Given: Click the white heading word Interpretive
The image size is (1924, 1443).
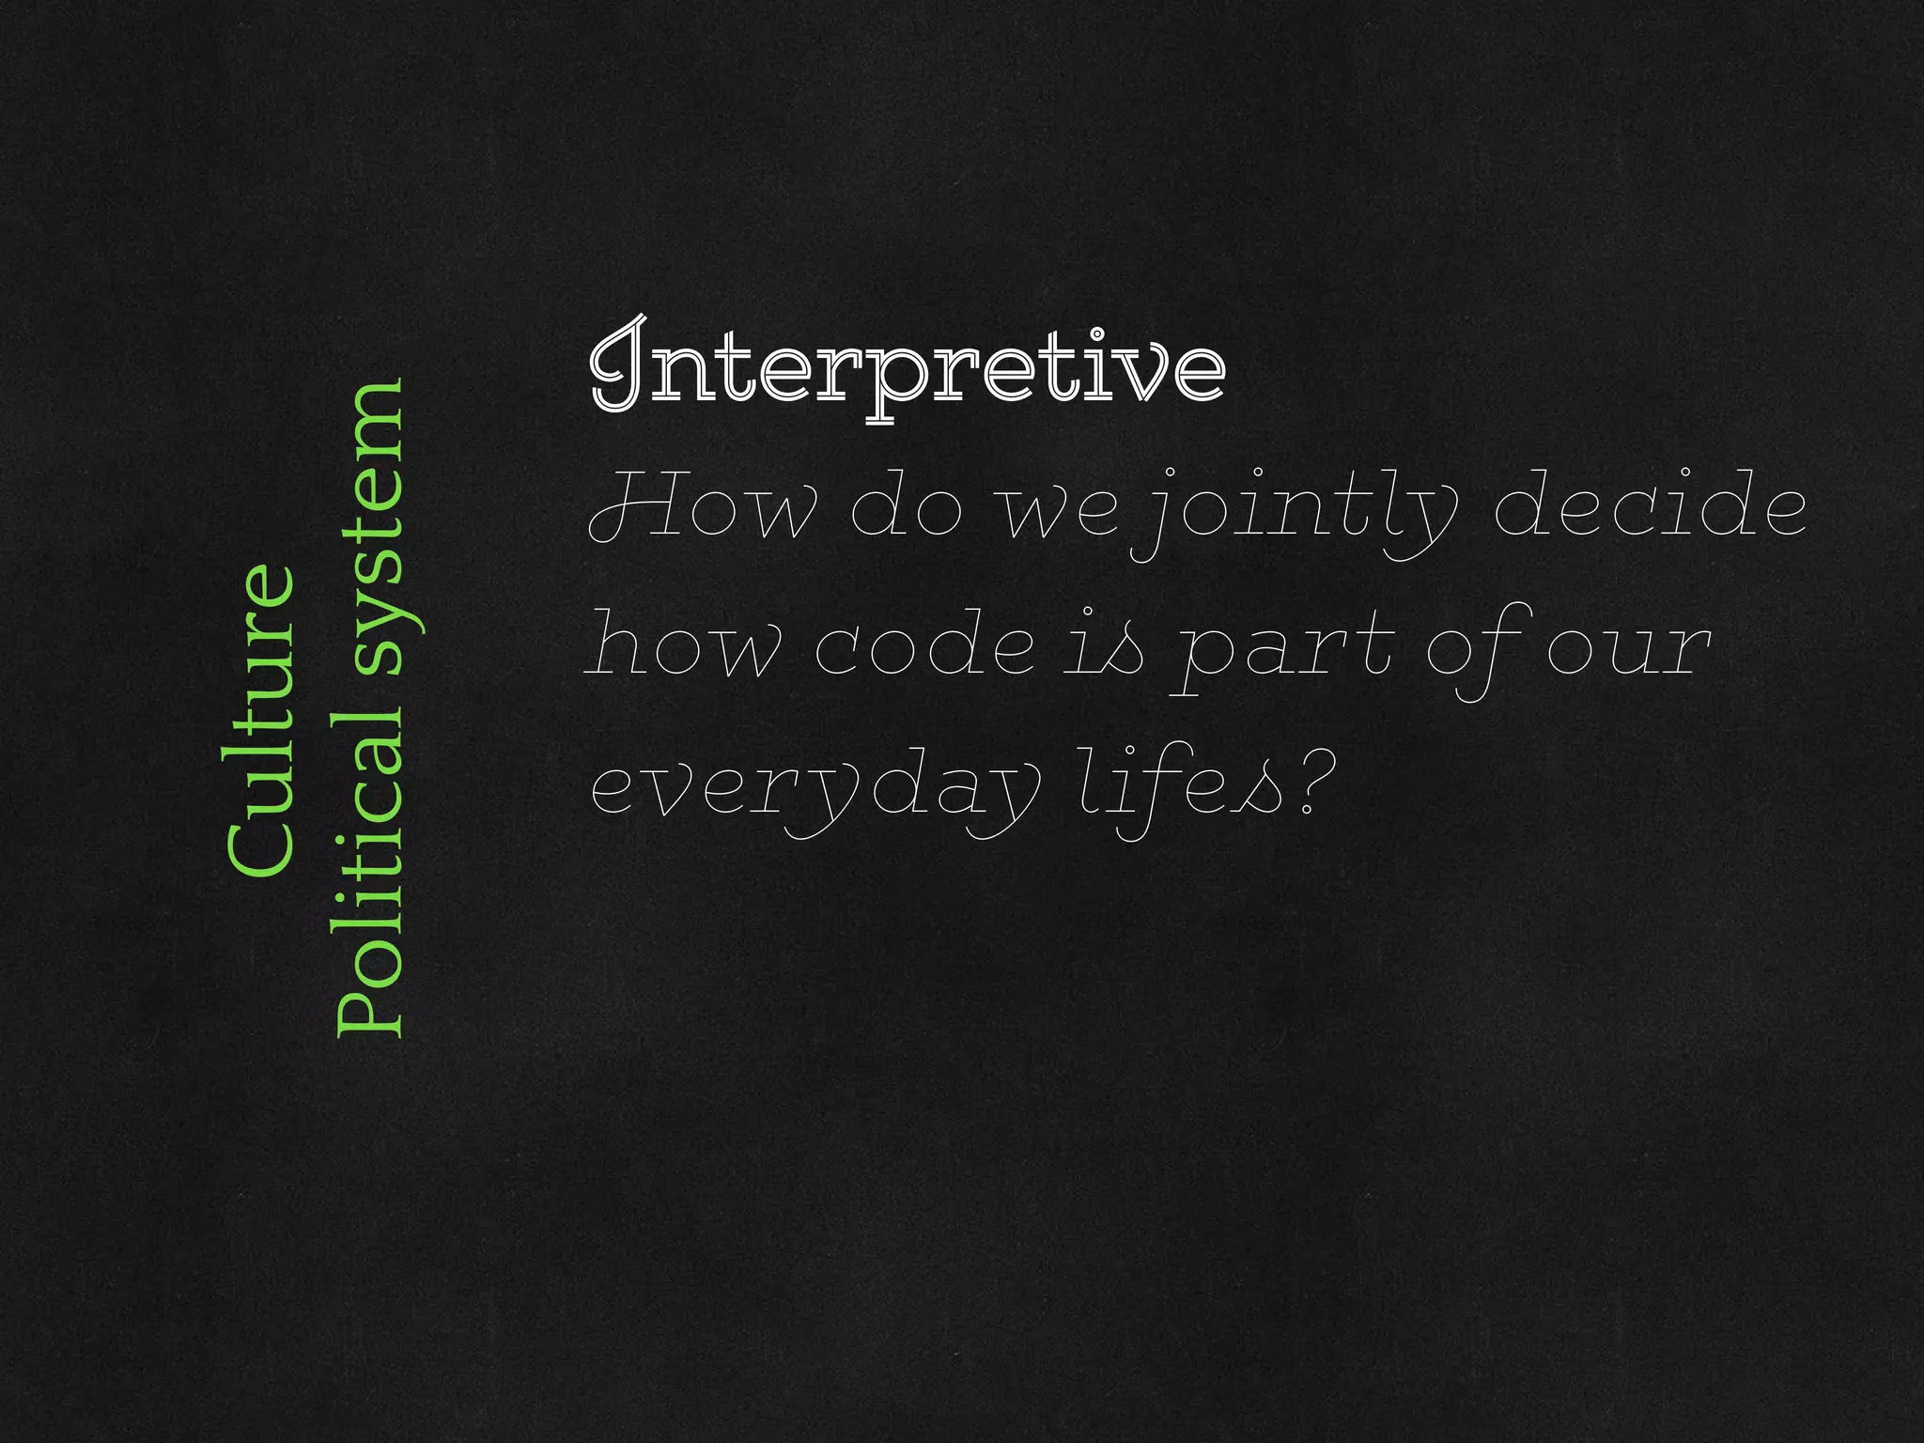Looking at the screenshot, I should tap(907, 368).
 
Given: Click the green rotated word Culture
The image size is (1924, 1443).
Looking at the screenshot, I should tap(263, 720).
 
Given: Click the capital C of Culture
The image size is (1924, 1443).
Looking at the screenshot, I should tap(261, 846).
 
